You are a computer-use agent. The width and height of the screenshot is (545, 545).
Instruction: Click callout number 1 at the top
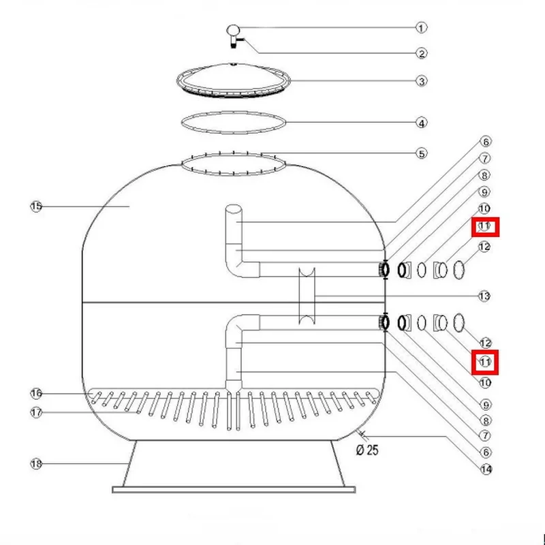(421, 28)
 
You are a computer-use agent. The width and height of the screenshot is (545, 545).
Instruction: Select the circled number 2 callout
(421, 54)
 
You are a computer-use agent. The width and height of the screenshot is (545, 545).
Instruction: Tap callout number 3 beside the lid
(421, 81)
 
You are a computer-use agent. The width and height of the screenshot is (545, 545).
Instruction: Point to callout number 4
(421, 123)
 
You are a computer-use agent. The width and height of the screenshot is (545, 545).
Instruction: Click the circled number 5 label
(421, 154)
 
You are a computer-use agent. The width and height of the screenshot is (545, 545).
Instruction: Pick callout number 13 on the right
(484, 296)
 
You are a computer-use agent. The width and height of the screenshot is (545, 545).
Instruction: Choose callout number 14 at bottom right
(486, 469)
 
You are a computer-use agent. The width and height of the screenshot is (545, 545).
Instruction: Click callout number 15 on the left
(36, 206)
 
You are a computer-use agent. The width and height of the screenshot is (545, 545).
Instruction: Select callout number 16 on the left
(36, 394)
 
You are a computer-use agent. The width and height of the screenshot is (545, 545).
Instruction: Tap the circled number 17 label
(36, 413)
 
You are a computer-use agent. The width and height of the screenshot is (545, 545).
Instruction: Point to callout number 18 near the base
(36, 464)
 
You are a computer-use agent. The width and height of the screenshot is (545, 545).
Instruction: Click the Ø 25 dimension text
(367, 450)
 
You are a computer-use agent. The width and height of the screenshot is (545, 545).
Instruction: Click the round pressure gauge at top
(233, 30)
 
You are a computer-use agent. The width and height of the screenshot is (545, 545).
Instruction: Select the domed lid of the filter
(233, 80)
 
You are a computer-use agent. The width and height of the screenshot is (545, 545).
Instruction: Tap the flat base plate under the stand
(234, 490)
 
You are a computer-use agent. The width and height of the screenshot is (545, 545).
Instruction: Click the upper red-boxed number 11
(484, 226)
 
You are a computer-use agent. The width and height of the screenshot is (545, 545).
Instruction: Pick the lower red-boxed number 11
(485, 362)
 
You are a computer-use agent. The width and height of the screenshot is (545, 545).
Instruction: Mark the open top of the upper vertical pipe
(233, 208)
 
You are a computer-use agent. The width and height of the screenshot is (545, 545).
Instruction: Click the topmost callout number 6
(486, 142)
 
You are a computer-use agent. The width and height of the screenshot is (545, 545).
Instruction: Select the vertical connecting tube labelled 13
(307, 296)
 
